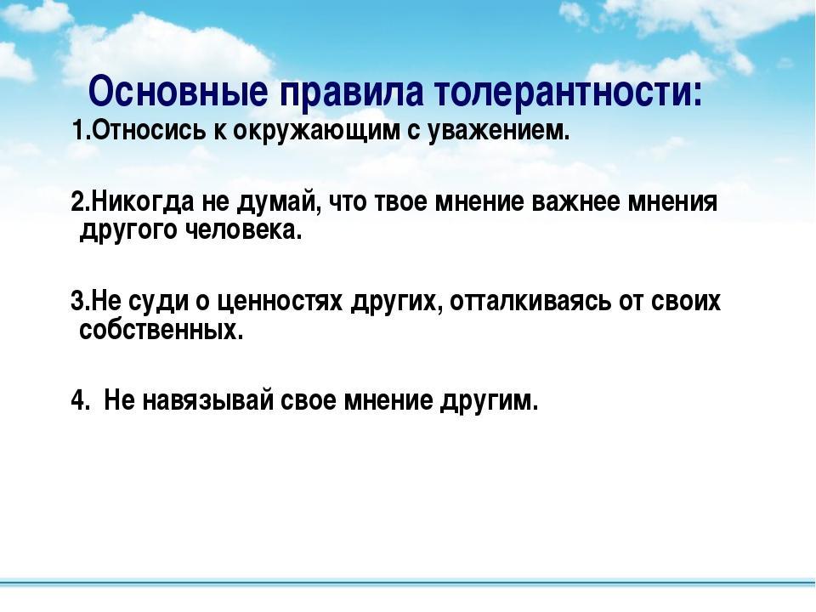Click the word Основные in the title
coord(178,92)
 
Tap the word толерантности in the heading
coord(568,92)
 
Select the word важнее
coord(575,202)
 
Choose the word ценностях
coord(280,303)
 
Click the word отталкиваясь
coord(530,302)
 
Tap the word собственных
coord(161,330)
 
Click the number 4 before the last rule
coord(78,400)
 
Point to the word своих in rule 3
coord(686,302)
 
